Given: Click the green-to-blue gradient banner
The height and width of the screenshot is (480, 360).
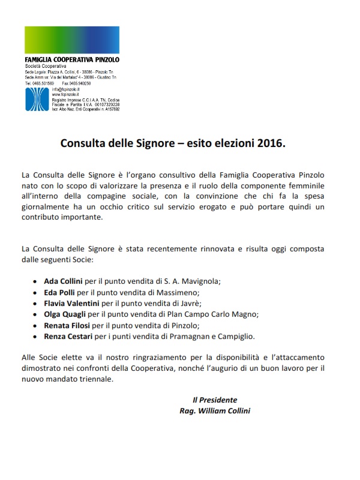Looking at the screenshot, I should [x=80, y=40].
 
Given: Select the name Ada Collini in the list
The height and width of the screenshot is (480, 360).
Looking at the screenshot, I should [x=65, y=280].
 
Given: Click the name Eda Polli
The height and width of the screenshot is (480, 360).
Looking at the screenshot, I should [x=62, y=292].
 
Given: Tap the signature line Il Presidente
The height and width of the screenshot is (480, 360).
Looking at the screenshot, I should [x=214, y=400].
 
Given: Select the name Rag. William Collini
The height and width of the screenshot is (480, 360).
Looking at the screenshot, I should [x=214, y=411].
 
